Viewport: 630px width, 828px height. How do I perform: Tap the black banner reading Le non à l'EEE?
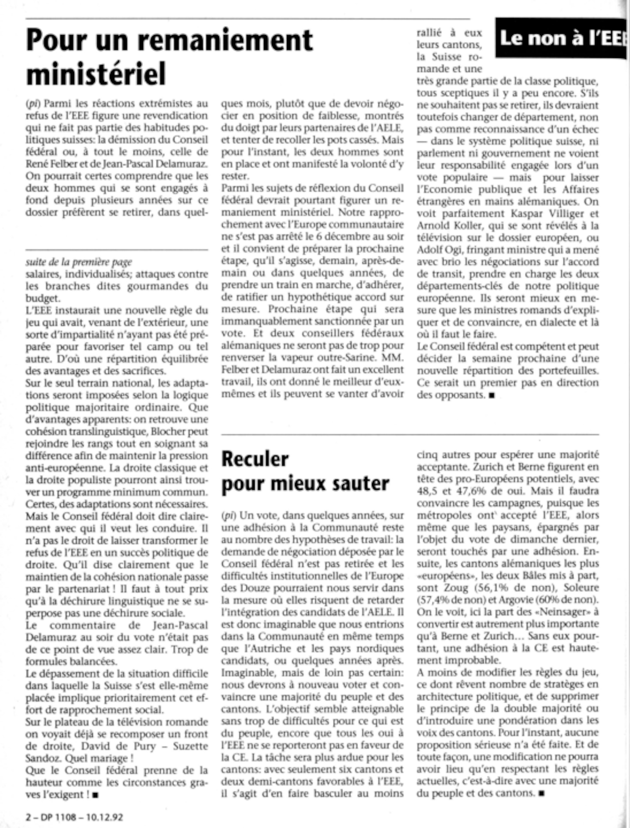coord(561,38)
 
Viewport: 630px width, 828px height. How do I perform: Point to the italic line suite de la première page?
coord(79,262)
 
